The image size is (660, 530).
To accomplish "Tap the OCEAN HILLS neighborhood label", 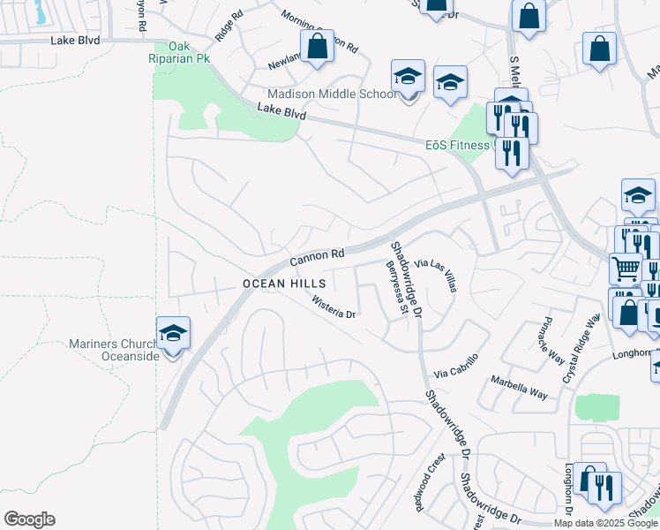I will click(x=285, y=284).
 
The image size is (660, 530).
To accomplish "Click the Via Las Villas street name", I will click(x=436, y=276).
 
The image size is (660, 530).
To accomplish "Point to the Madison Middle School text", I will click(x=332, y=94).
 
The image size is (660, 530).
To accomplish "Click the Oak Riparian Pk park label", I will click(x=183, y=54).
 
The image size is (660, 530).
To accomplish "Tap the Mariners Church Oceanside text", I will click(x=112, y=350).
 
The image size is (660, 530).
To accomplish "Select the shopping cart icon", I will click(x=626, y=267).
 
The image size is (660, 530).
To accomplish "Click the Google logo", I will click(x=29, y=519).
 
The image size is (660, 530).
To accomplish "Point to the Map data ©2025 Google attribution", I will click(x=604, y=523).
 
